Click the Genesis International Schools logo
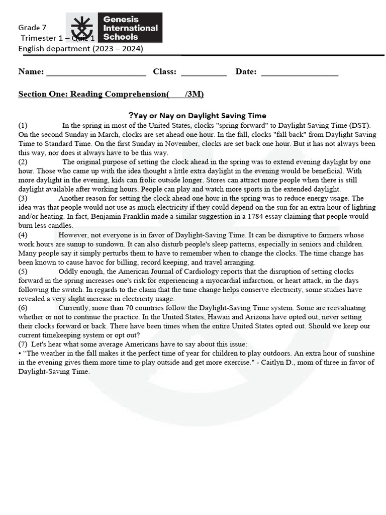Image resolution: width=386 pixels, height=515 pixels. tap(114, 28)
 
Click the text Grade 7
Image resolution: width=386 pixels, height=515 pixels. tap(33, 27)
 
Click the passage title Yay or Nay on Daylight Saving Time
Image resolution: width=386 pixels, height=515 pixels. tap(197, 116)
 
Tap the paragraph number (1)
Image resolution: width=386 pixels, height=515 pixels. tap(23, 125)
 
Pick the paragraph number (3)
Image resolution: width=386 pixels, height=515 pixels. tap(23, 198)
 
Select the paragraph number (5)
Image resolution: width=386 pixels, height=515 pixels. tap(23, 271)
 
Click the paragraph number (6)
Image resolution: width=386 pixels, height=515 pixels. tap(23, 308)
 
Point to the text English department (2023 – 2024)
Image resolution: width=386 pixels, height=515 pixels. tap(80, 49)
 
